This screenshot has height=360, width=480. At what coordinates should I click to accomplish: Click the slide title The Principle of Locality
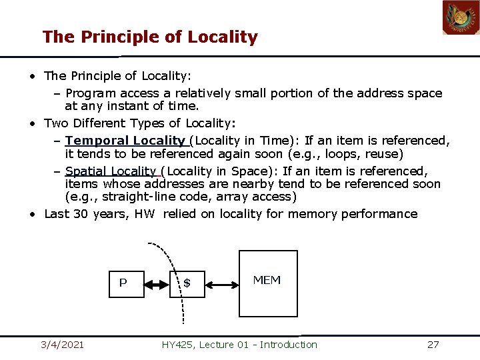pos(149,37)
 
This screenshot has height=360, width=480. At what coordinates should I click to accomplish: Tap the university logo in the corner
pos(461,18)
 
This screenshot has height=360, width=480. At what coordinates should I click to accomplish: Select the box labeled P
pos(127,283)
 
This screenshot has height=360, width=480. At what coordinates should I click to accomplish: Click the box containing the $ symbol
pos(190,283)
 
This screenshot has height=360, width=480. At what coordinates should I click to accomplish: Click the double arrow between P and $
pos(157,285)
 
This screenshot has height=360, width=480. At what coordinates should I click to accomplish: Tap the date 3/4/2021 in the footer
pos(62,345)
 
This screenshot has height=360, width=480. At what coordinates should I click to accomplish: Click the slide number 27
pos(433,345)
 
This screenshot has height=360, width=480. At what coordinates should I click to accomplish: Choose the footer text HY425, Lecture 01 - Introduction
pos(239,345)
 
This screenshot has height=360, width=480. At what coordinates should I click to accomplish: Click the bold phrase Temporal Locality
pos(125,141)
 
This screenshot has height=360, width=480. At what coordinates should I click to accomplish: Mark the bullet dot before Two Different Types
pos(32,123)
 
